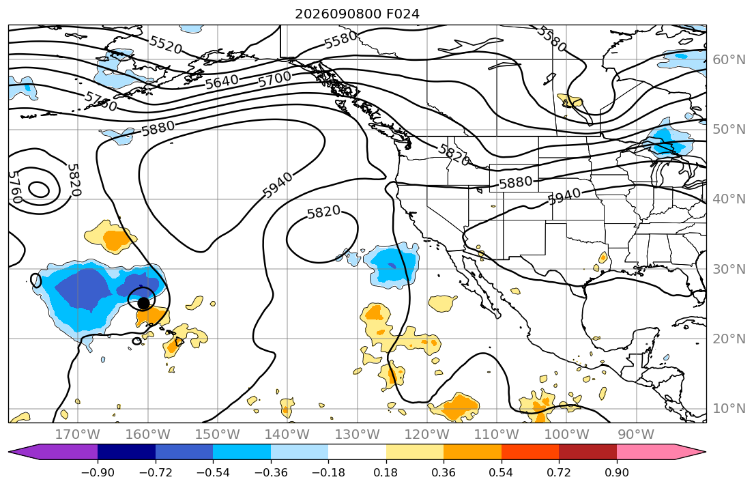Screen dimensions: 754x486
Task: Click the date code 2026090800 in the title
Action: tap(338, 14)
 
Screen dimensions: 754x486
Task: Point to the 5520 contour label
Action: tap(165, 45)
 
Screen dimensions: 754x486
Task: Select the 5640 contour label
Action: tap(222, 82)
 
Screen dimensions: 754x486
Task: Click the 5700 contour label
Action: tap(274, 79)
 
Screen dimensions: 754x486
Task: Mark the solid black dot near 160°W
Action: tap(143, 303)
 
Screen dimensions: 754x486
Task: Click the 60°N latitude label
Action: tap(729, 59)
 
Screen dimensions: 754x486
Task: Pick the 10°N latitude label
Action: tap(729, 409)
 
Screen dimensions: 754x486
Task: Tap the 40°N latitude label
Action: tap(729, 199)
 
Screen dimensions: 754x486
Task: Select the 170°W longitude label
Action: tap(78, 435)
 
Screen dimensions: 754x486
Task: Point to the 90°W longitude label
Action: tap(636, 435)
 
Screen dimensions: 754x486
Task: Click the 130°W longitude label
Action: tap(358, 435)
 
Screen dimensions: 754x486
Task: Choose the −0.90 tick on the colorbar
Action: tap(98, 472)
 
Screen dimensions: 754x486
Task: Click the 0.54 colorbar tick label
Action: tap(501, 472)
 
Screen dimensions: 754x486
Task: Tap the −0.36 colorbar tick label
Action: tap(271, 472)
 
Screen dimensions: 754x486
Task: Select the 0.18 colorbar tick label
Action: tap(386, 472)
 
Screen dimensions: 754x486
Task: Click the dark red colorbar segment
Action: tap(588, 452)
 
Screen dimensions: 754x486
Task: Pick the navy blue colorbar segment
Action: tap(126, 452)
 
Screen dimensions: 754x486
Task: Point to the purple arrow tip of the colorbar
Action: tap(10, 452)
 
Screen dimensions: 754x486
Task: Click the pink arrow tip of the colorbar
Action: tap(704, 452)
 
